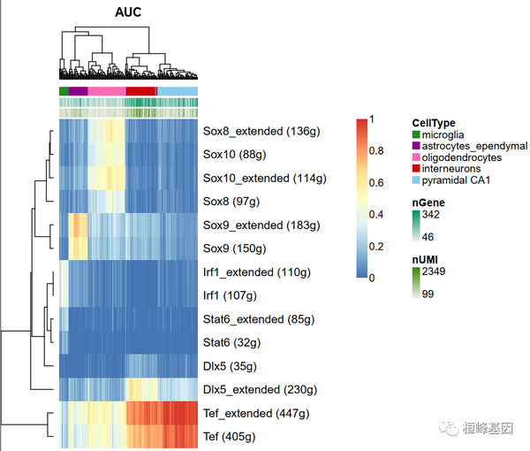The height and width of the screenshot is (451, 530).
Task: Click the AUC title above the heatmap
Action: [129, 13]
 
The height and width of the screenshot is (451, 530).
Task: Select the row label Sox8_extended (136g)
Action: [261, 132]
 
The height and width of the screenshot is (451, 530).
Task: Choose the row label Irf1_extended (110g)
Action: [257, 271]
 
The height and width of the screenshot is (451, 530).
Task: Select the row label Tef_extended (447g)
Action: [257, 413]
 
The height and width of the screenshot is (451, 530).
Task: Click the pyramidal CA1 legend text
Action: [458, 180]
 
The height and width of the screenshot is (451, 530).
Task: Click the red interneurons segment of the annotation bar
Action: [140, 91]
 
